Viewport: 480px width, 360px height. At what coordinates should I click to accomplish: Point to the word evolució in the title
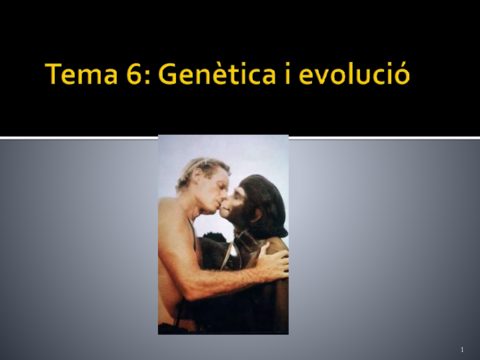click(354, 75)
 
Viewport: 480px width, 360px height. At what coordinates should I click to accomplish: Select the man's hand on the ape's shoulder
click(272, 262)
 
